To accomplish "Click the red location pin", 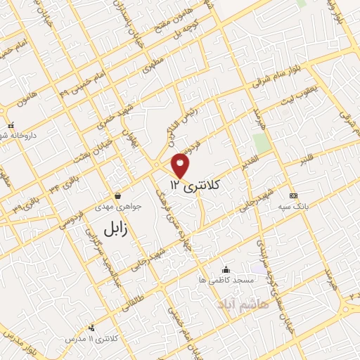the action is [181, 165].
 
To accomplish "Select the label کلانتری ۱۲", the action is [195, 185].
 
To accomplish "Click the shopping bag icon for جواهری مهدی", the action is [117, 195].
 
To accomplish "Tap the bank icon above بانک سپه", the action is [293, 195].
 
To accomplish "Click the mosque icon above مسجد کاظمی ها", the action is [226, 269].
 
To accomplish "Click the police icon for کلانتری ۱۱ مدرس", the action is [91, 327].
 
